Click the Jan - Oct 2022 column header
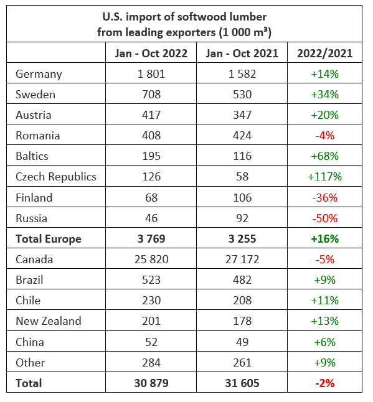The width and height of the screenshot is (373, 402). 151,54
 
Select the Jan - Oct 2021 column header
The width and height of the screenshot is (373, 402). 242,54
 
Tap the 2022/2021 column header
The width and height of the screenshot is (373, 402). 325,54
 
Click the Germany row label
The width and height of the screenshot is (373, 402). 39,74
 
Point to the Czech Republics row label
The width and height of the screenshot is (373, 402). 56,177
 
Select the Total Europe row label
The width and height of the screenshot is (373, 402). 49,239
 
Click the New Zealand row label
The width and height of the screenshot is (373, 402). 49,321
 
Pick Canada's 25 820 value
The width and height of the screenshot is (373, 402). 151,259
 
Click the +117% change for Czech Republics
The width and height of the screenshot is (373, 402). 325,177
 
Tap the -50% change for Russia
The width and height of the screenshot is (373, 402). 325,218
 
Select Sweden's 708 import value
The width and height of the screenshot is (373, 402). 151,95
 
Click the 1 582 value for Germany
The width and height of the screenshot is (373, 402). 242,74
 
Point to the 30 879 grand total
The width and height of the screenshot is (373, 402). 151,383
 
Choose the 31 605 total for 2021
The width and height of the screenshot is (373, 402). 242,383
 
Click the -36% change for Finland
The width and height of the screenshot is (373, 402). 325,198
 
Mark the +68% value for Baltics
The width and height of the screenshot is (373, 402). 325,156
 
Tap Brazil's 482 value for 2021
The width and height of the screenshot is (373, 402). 242,280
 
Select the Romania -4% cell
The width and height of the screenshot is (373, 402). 325,136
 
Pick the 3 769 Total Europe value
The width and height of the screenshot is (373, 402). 151,239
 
